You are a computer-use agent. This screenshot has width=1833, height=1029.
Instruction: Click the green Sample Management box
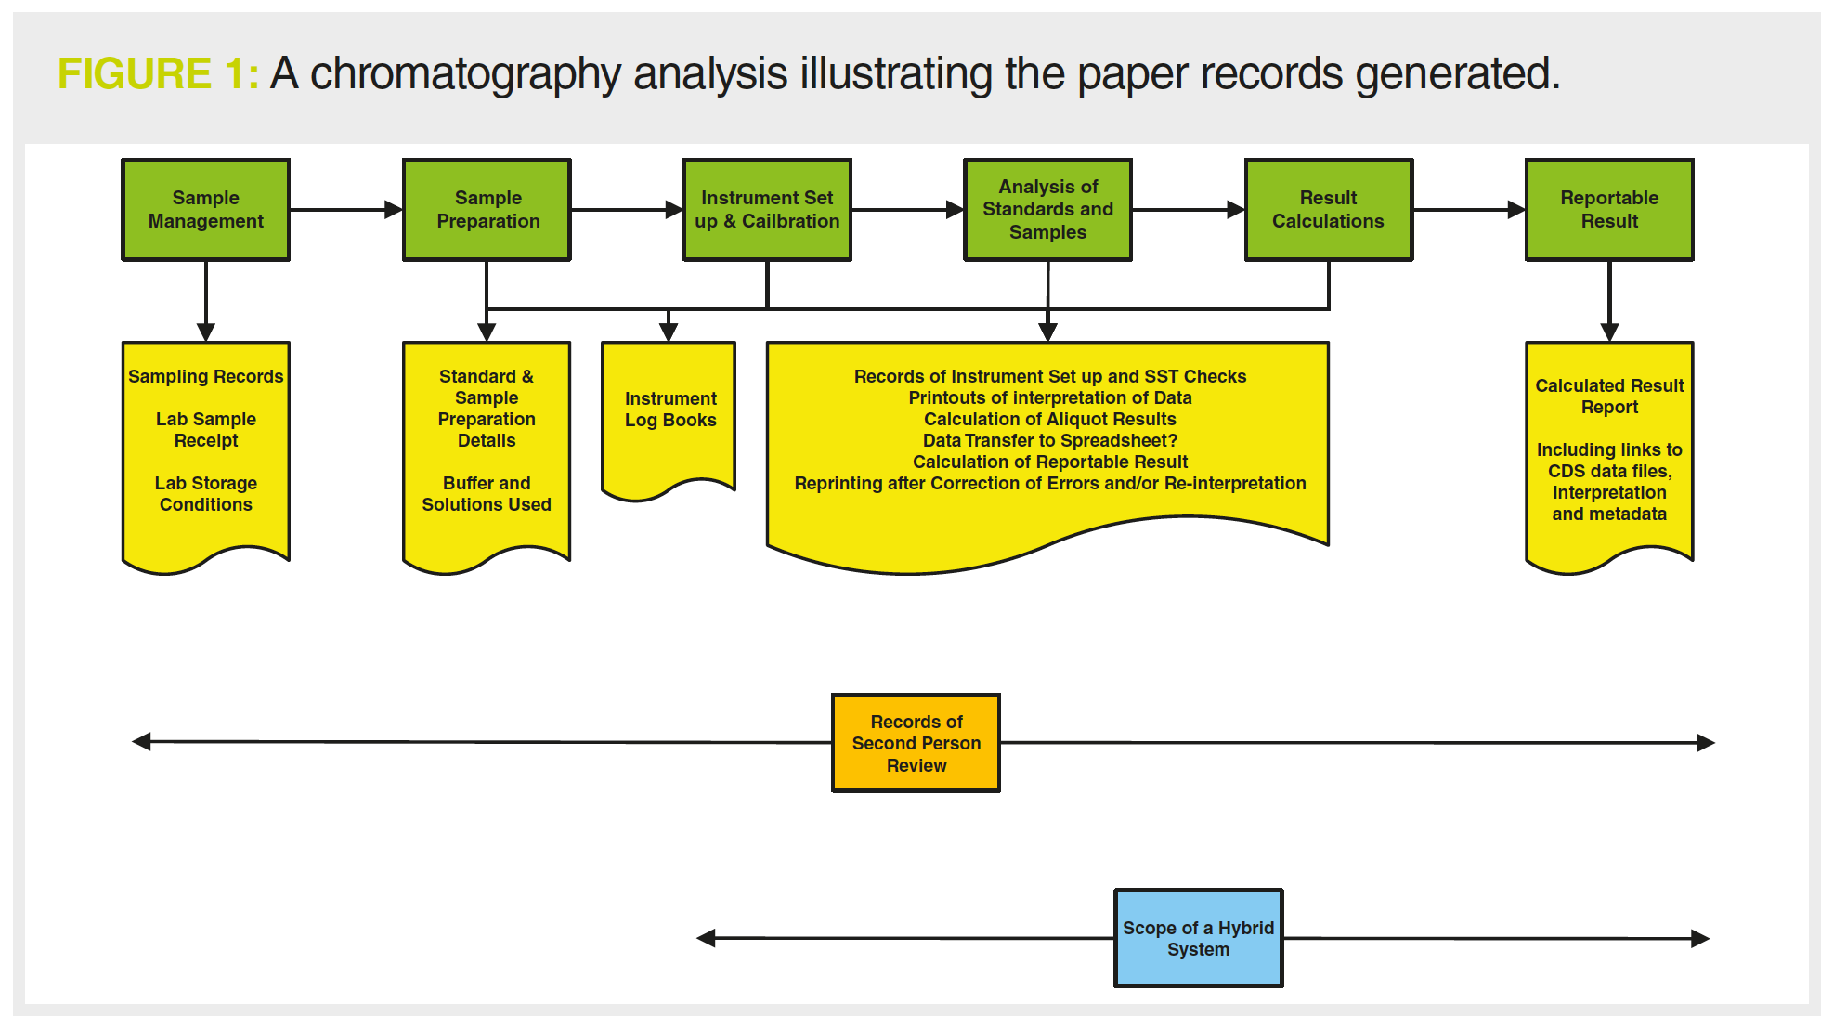click(x=206, y=210)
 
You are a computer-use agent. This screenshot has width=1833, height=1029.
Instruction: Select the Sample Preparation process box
click(x=487, y=210)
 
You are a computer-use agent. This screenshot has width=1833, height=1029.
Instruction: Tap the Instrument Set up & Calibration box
click(x=767, y=210)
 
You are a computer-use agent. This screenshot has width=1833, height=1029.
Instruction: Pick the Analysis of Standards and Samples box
click(x=1047, y=210)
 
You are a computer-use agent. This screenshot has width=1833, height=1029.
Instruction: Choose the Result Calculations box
click(x=1329, y=210)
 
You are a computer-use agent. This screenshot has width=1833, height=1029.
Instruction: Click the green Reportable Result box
click(x=1609, y=210)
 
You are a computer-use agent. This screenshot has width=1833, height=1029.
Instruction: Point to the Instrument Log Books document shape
click(x=669, y=418)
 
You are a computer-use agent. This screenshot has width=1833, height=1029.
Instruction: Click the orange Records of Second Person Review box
click(x=916, y=743)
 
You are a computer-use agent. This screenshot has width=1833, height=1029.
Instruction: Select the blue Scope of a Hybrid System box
click(x=1198, y=938)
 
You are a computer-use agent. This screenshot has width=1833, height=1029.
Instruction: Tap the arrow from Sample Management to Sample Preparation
click(x=346, y=210)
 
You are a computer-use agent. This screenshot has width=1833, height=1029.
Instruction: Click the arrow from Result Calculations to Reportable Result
click(x=1469, y=210)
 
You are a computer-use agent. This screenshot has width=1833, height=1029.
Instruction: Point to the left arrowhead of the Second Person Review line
click(x=141, y=741)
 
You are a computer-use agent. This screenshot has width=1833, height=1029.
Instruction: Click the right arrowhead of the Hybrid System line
click(x=1700, y=938)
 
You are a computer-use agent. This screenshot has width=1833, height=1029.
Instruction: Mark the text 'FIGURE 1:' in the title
click(x=158, y=73)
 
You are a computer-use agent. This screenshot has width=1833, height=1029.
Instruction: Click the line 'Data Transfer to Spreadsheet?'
click(x=1050, y=440)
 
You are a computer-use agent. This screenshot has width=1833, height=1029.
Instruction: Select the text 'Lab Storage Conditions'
click(x=206, y=494)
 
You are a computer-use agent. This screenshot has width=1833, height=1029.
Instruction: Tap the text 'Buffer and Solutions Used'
click(x=487, y=494)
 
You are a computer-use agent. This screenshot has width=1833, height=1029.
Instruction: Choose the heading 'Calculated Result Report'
click(x=1609, y=397)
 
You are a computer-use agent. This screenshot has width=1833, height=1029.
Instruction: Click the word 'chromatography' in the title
click(x=465, y=74)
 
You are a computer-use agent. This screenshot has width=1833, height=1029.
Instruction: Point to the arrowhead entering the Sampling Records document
click(x=206, y=332)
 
